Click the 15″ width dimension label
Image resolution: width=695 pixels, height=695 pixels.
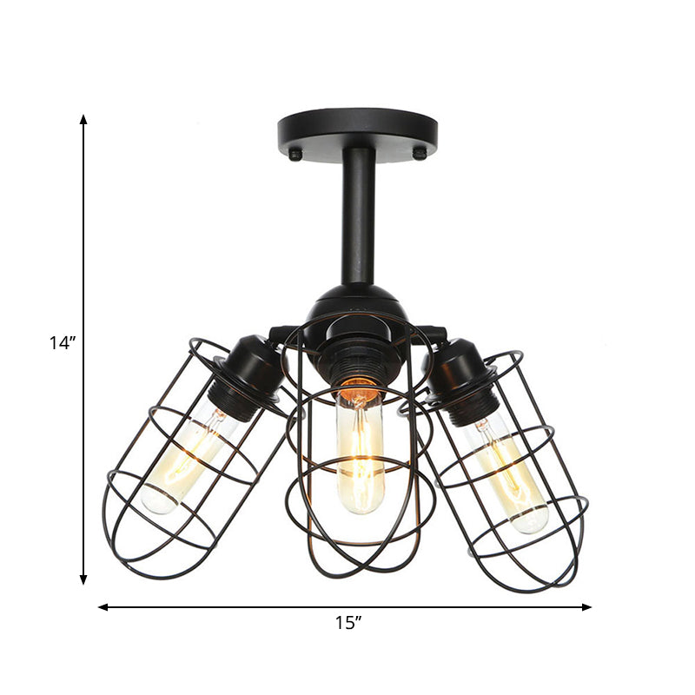[x=347, y=622]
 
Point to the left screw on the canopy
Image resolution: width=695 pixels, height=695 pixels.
[x=295, y=155]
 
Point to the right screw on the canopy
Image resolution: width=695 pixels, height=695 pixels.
[x=420, y=154]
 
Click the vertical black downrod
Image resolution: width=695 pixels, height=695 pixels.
[x=358, y=217]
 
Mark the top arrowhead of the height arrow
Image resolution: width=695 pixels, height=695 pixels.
[x=83, y=118]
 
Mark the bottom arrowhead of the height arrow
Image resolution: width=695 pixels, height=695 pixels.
[x=83, y=580]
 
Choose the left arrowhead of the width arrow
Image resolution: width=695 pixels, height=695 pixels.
[x=103, y=607]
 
